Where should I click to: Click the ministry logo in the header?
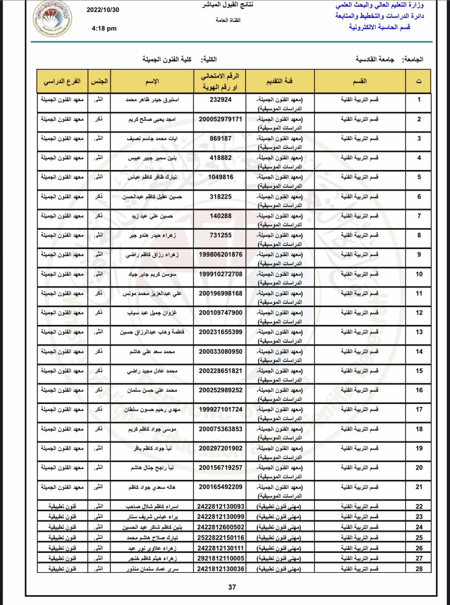[x=52, y=19]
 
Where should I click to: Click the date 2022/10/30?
[x=103, y=10]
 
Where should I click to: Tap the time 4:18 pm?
[x=104, y=28]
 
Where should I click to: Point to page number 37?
[x=232, y=587]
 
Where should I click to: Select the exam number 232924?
[x=220, y=100]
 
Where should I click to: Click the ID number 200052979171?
[x=220, y=119]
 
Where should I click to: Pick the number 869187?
[x=220, y=138]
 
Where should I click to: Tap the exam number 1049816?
[x=220, y=177]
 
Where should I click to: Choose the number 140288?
[x=220, y=216]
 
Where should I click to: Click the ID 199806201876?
[x=220, y=254]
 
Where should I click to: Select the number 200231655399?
[x=220, y=332]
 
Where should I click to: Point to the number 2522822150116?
[x=220, y=537]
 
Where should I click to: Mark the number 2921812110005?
[x=220, y=558]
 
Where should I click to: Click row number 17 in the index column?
[x=419, y=410]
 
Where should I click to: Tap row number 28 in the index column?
[x=419, y=569]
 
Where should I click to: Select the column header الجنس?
[x=99, y=81]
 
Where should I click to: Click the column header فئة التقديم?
[x=279, y=81]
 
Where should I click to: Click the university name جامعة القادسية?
[x=374, y=59]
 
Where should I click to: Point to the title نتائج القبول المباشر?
[x=228, y=5]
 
